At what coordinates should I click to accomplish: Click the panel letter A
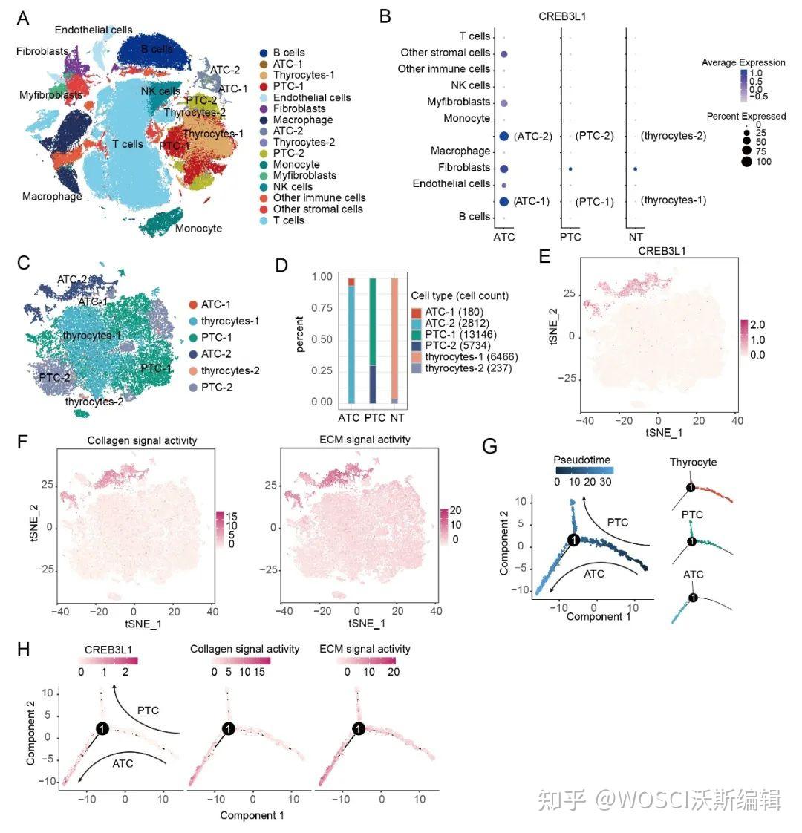click(x=22, y=18)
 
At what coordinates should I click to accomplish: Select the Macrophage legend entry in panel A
click(x=302, y=120)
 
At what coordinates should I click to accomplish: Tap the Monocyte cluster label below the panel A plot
click(x=198, y=229)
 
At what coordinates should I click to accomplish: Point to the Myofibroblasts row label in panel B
click(x=458, y=102)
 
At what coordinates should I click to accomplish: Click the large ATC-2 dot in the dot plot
click(x=504, y=136)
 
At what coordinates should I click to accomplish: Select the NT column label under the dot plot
click(x=635, y=237)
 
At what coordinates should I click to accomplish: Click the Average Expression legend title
click(x=743, y=62)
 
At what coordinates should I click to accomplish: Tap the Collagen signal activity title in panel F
click(x=142, y=440)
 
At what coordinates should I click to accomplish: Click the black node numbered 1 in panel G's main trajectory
click(x=573, y=540)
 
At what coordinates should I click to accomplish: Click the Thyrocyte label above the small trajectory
click(x=693, y=462)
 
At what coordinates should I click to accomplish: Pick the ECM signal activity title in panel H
click(x=364, y=649)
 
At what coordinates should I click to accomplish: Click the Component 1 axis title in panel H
click(x=252, y=815)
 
